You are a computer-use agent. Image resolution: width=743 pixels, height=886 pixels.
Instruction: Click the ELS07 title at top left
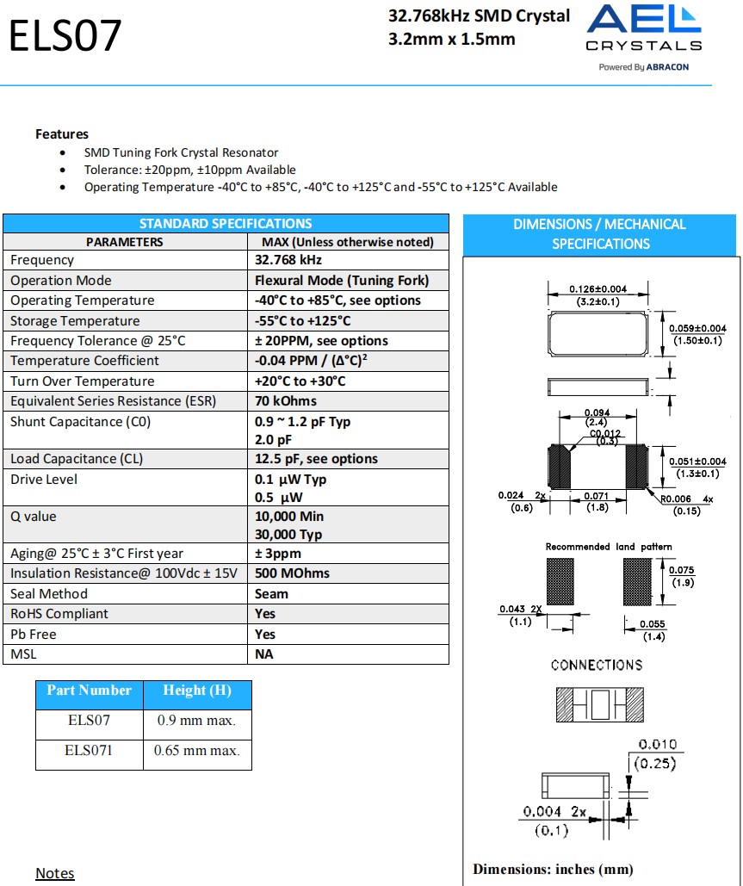(65, 36)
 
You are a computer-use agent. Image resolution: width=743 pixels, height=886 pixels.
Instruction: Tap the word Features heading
(62, 133)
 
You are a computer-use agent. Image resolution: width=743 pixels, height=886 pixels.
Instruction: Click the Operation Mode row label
(61, 281)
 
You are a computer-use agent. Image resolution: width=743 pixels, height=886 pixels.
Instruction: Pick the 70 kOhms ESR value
(286, 401)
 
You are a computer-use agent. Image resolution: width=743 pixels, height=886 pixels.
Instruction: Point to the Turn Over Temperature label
(83, 381)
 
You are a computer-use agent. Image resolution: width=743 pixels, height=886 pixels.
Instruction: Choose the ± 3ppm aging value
(278, 554)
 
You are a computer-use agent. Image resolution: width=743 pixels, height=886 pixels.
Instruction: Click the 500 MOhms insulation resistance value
(292, 573)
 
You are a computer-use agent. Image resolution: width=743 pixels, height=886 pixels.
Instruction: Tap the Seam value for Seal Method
(271, 594)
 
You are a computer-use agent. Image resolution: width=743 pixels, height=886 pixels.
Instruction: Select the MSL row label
(23, 654)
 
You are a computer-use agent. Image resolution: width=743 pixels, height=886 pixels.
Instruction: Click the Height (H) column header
(197, 691)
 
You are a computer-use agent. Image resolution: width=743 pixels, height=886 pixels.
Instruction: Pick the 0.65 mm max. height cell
(196, 751)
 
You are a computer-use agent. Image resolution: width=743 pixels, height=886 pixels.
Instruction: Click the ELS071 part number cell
(89, 751)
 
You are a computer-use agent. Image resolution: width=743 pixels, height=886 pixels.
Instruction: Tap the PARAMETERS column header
(124, 242)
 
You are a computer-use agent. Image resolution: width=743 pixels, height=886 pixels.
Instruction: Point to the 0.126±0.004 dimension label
(598, 289)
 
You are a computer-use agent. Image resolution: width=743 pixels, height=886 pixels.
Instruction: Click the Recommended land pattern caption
(609, 547)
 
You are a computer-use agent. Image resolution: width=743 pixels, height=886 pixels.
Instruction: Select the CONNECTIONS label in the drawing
(597, 665)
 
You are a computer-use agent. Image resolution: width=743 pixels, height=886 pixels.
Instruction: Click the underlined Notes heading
(55, 873)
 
